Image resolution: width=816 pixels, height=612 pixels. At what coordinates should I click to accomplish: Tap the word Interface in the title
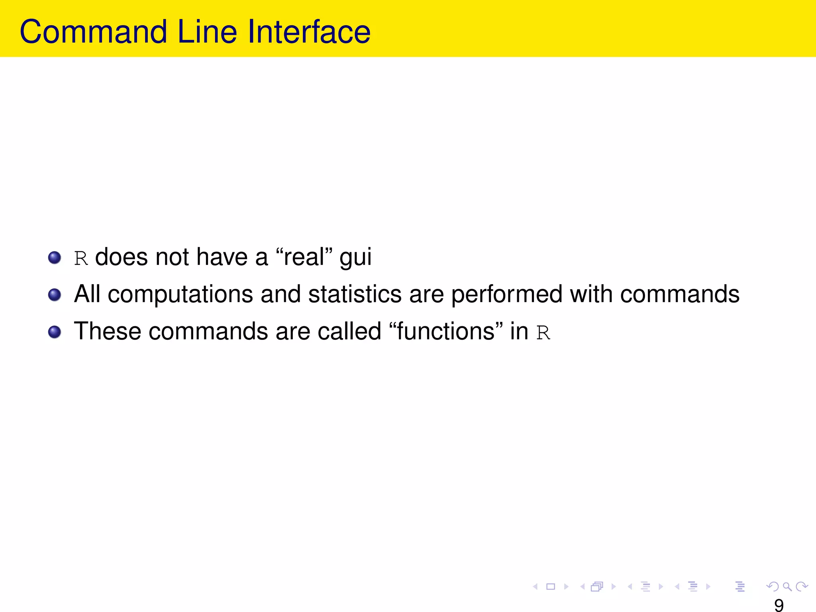point(309,32)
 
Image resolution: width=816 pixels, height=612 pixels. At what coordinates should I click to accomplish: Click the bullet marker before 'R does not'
point(55,257)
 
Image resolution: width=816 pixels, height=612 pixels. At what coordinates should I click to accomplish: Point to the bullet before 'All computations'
point(55,295)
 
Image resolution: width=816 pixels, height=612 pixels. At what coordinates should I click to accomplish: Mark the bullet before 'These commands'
point(55,332)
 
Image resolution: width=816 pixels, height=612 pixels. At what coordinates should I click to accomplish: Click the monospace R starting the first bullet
point(81,258)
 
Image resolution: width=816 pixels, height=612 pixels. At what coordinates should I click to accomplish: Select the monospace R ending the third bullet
point(543,333)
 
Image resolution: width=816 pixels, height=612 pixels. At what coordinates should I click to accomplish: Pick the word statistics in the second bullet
point(355,294)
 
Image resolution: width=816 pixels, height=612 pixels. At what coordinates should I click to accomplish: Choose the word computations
point(180,295)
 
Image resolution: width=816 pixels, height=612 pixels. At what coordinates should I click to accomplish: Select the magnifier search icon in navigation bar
point(787,586)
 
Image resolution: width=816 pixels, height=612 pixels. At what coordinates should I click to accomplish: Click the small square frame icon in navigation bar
point(551,586)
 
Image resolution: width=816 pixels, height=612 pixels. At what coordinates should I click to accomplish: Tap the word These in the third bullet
point(108,331)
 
